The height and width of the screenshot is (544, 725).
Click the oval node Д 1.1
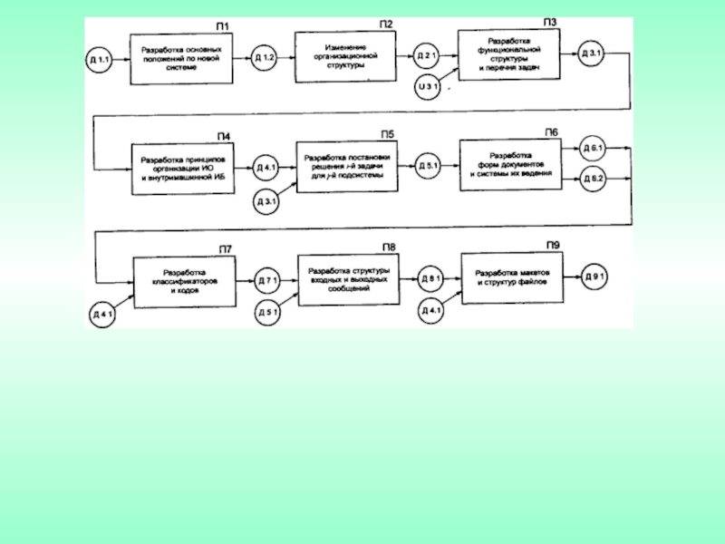point(100,60)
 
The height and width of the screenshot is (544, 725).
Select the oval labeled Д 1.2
point(265,59)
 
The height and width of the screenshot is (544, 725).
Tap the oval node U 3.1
point(428,86)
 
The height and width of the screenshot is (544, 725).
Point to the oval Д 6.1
point(594,148)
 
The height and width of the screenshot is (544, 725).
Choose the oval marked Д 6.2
point(594,180)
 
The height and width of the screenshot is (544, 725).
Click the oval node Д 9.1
point(594,275)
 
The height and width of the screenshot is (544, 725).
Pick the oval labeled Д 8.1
point(430,279)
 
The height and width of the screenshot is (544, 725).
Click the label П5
point(387,135)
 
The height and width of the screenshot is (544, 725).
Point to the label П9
point(552,245)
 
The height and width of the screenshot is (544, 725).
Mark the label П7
point(225,248)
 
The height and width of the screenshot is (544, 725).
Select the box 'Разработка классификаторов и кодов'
point(184,282)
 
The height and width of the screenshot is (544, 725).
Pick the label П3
point(549,22)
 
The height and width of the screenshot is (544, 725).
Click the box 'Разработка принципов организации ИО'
point(183,170)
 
